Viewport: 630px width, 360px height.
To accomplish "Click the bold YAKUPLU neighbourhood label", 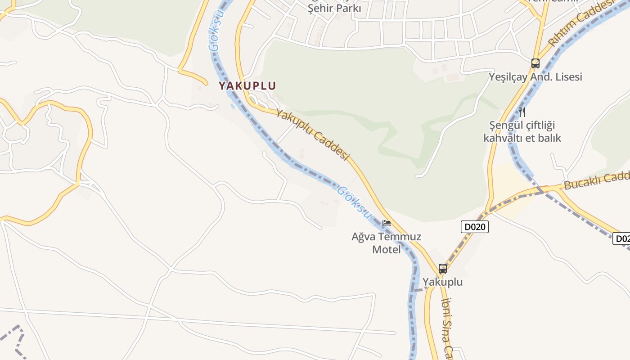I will [247, 85].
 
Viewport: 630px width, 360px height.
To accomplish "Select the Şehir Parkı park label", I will [334, 9].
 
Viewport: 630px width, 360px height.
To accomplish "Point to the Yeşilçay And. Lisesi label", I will [535, 77].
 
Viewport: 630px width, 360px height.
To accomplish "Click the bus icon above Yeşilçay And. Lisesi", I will [535, 63].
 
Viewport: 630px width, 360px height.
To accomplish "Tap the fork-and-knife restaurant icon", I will [522, 112].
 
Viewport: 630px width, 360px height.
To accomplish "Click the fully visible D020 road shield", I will [475, 227].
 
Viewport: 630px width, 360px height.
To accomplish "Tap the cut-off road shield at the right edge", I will [621, 238].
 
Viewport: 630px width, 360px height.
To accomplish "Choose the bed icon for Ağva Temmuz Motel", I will [386, 223].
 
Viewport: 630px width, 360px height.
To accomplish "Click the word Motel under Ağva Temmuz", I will [386, 249].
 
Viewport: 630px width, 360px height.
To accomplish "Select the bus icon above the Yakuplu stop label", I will [443, 269].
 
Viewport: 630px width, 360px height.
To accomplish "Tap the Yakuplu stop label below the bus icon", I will [442, 282].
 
